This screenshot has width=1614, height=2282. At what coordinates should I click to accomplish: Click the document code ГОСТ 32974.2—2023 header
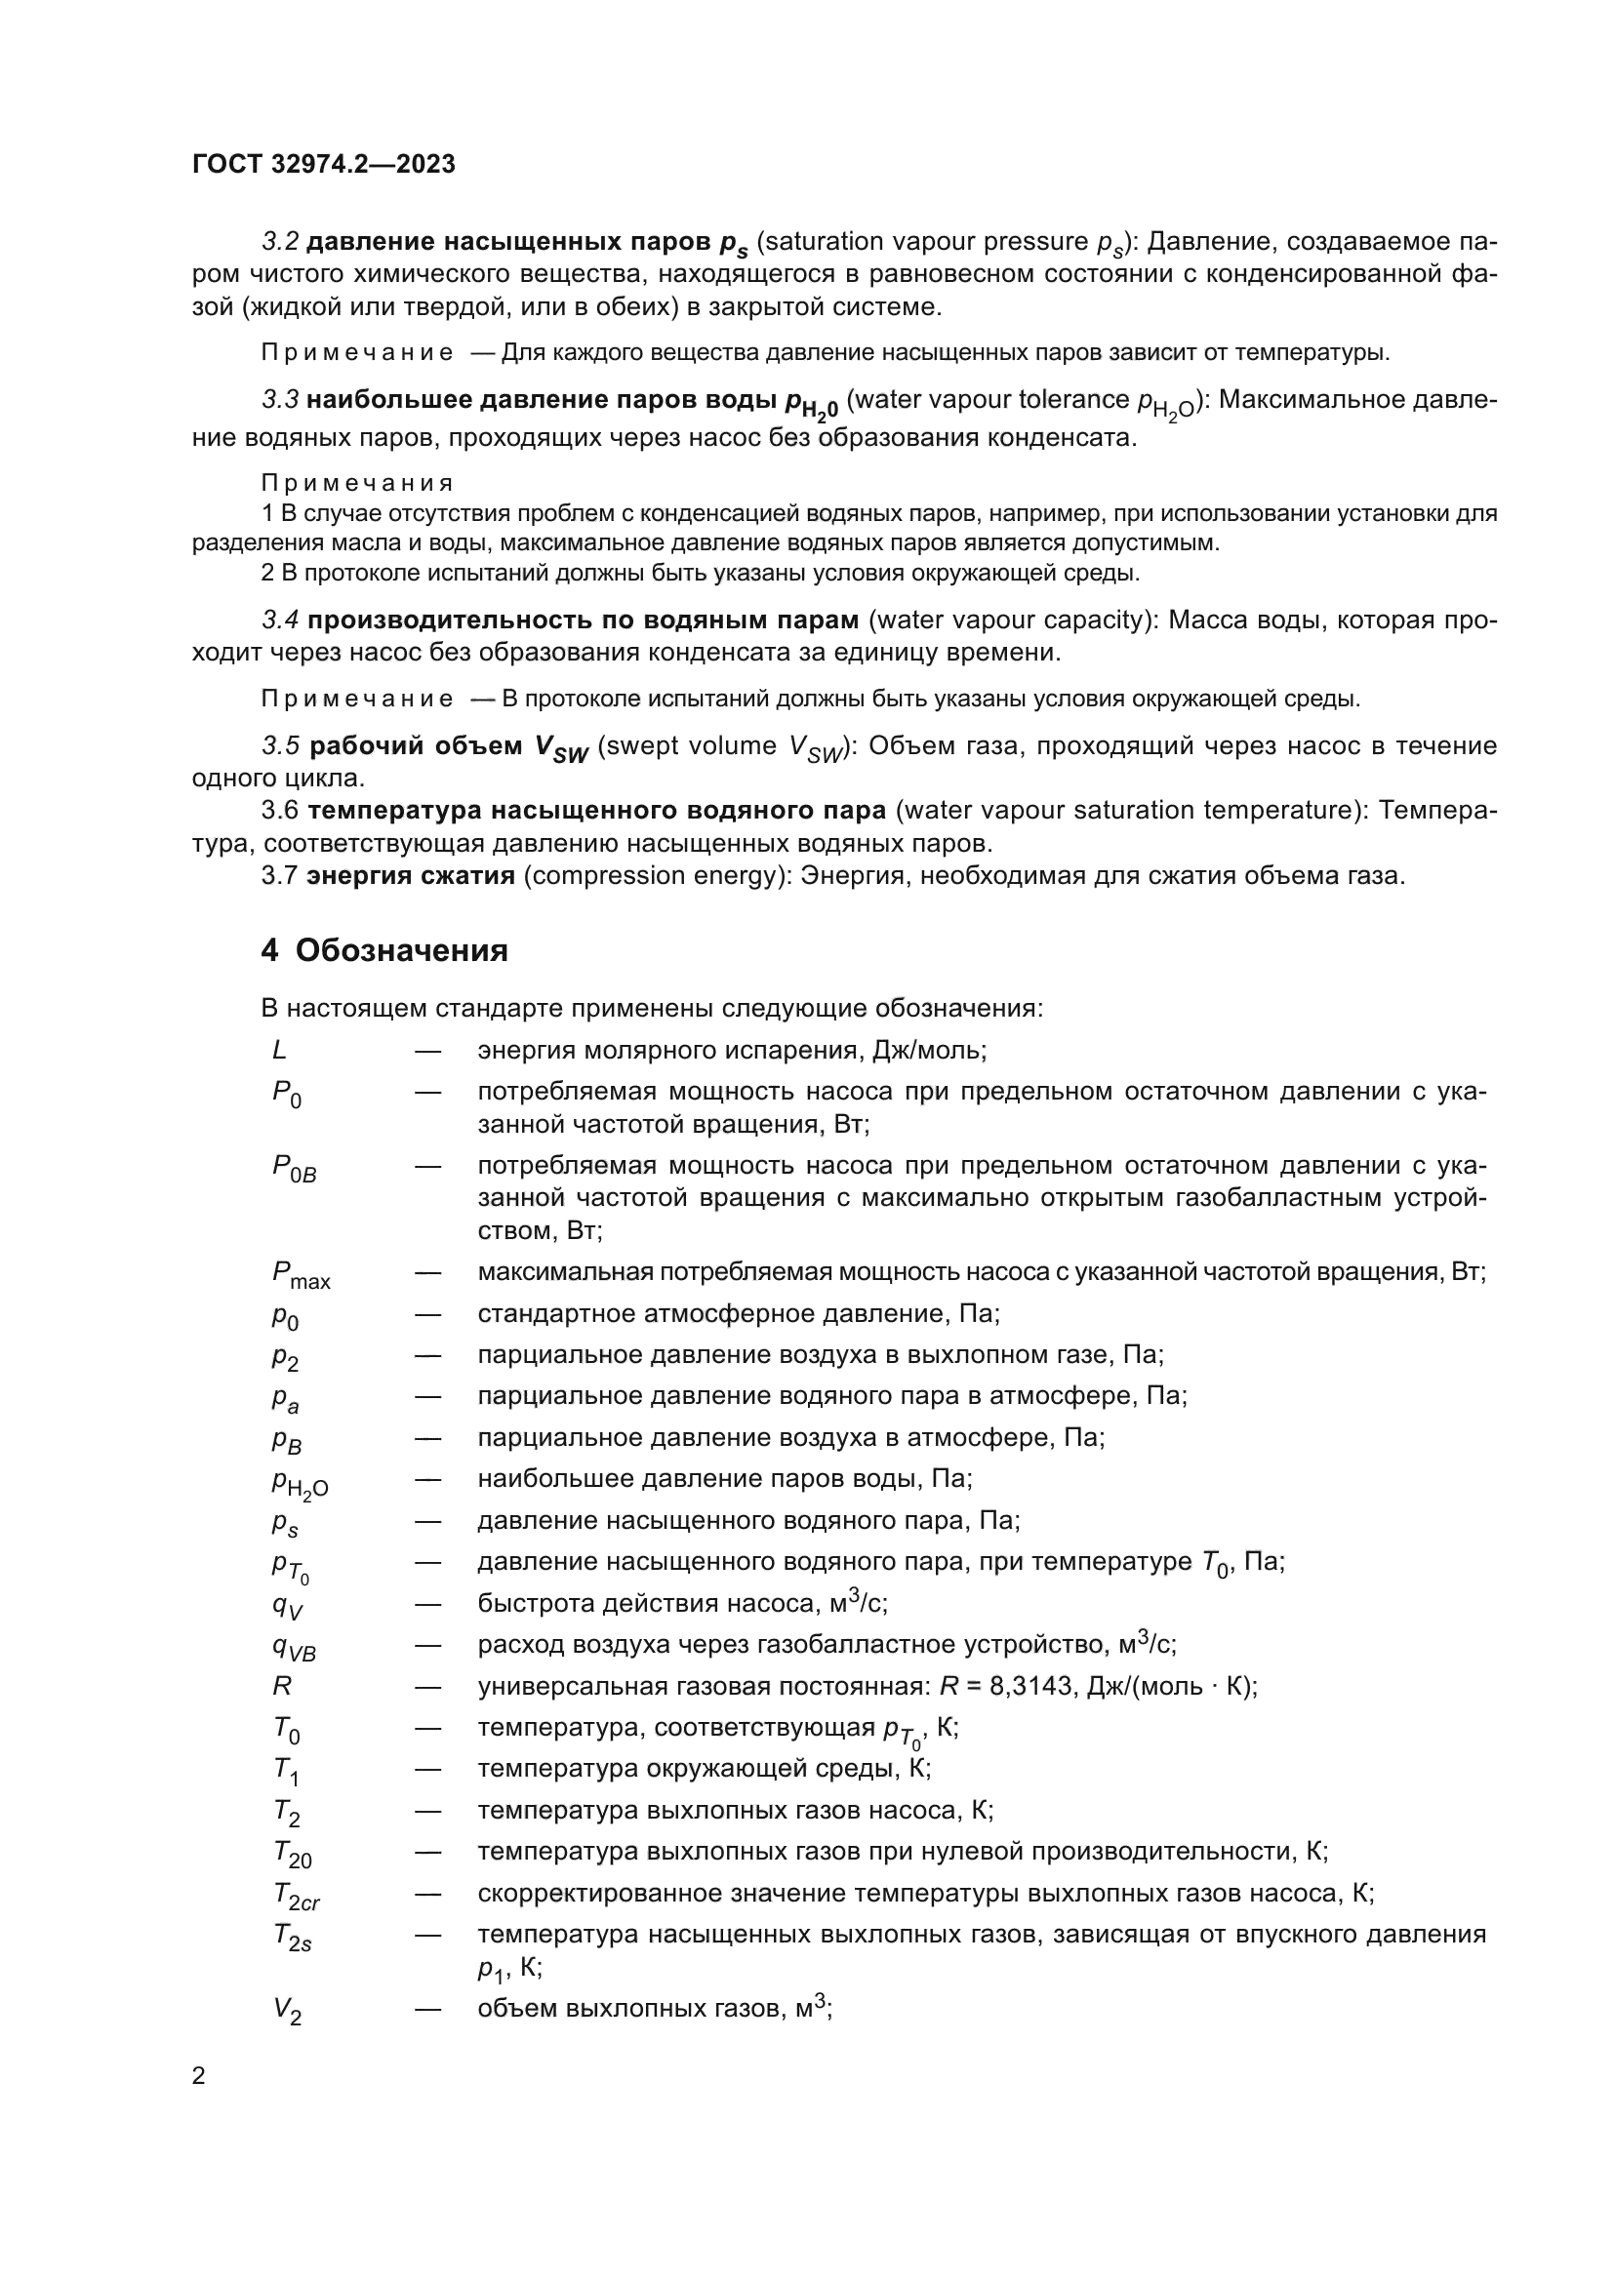323,164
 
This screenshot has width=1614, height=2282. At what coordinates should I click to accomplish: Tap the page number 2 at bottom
199,2075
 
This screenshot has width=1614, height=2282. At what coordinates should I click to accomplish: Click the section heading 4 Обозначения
383,950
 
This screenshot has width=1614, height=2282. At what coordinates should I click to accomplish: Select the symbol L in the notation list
279,1050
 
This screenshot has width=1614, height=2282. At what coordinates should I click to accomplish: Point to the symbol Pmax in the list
301,1275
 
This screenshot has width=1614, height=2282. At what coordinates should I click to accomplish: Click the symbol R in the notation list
281,1686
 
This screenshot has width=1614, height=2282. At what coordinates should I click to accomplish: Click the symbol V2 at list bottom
287,2010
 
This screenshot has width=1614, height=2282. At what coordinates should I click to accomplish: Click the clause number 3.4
280,621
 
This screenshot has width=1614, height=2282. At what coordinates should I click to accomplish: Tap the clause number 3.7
279,875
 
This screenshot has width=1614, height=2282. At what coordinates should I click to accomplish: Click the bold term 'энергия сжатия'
411,875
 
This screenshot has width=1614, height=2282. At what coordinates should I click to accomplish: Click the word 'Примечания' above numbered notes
357,483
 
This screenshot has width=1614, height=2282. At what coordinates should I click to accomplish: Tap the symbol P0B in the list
294,1168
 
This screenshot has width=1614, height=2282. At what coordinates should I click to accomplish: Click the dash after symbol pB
427,1437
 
